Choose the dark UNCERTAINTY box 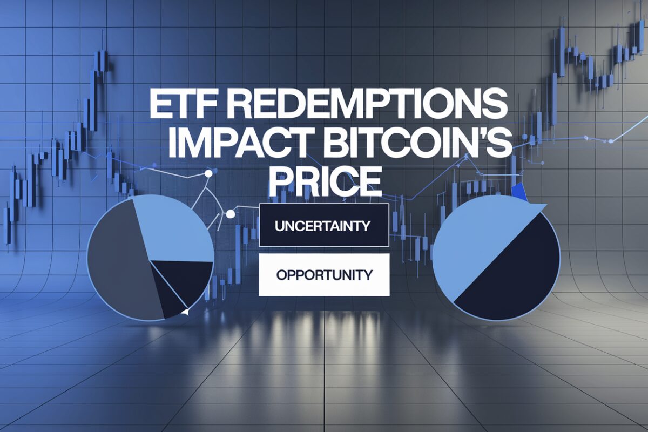pos(323,225)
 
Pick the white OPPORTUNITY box pos(324,275)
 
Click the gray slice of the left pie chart pos(122,260)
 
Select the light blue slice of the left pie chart pos(173,228)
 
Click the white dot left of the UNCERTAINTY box pos(230,214)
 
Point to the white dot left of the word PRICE pos(208,174)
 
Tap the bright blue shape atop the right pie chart pos(519,192)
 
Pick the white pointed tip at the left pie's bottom pos(185,312)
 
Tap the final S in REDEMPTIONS pos(496,105)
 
